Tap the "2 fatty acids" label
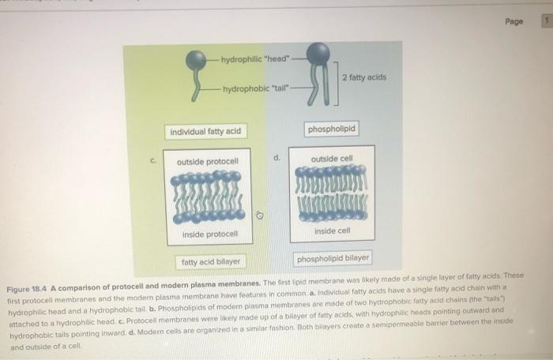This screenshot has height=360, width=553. pos(364,77)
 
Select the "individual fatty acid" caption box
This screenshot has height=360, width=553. pos(205,131)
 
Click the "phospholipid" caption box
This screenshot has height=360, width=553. pos(332,128)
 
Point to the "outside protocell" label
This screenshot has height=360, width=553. pos(208,162)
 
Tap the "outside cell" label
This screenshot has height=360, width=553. pos(330,159)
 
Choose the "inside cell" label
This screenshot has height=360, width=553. pos(330,231)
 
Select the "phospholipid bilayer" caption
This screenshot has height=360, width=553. pos(333,258)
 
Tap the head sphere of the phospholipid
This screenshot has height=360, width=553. pos(318,52)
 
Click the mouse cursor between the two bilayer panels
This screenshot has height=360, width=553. pos(266,215)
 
